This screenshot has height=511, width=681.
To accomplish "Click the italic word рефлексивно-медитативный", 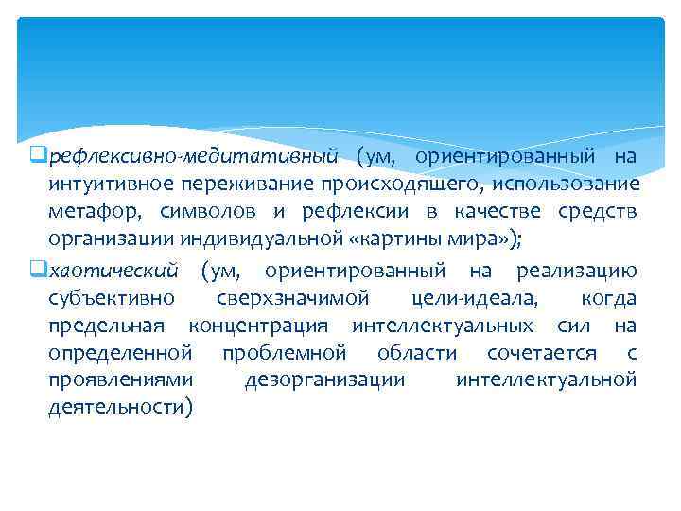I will (193, 155).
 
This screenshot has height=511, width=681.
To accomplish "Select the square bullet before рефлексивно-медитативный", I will (38, 155).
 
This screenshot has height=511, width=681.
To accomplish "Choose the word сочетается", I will (542, 354).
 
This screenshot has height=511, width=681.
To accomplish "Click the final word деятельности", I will (120, 408).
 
